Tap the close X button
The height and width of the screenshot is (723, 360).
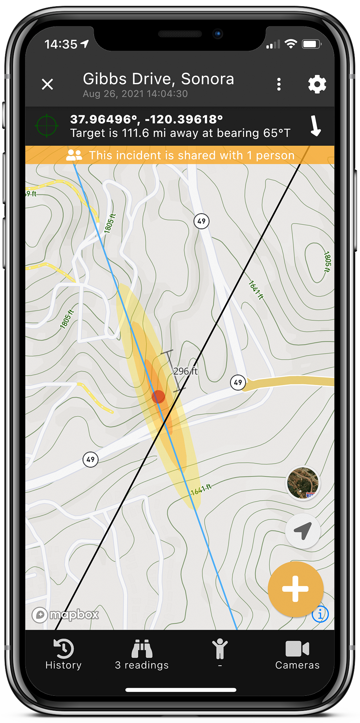48,84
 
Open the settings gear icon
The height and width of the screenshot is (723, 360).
317,84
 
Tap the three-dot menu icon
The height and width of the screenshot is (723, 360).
279,84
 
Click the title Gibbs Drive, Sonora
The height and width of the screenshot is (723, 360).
158,79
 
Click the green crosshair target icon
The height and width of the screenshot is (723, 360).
46,126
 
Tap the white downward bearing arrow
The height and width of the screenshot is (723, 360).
315,126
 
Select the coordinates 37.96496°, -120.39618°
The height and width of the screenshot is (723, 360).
146,119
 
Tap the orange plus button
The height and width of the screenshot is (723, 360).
295,589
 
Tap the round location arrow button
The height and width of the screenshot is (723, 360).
303,531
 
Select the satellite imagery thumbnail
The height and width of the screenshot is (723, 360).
303,483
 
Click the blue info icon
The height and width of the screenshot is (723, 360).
320,614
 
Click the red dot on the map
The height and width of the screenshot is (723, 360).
158,397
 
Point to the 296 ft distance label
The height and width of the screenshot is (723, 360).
185,371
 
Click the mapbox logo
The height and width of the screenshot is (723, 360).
65,614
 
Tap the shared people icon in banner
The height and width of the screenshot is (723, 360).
74,155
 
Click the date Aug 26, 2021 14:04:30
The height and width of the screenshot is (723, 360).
135,94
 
